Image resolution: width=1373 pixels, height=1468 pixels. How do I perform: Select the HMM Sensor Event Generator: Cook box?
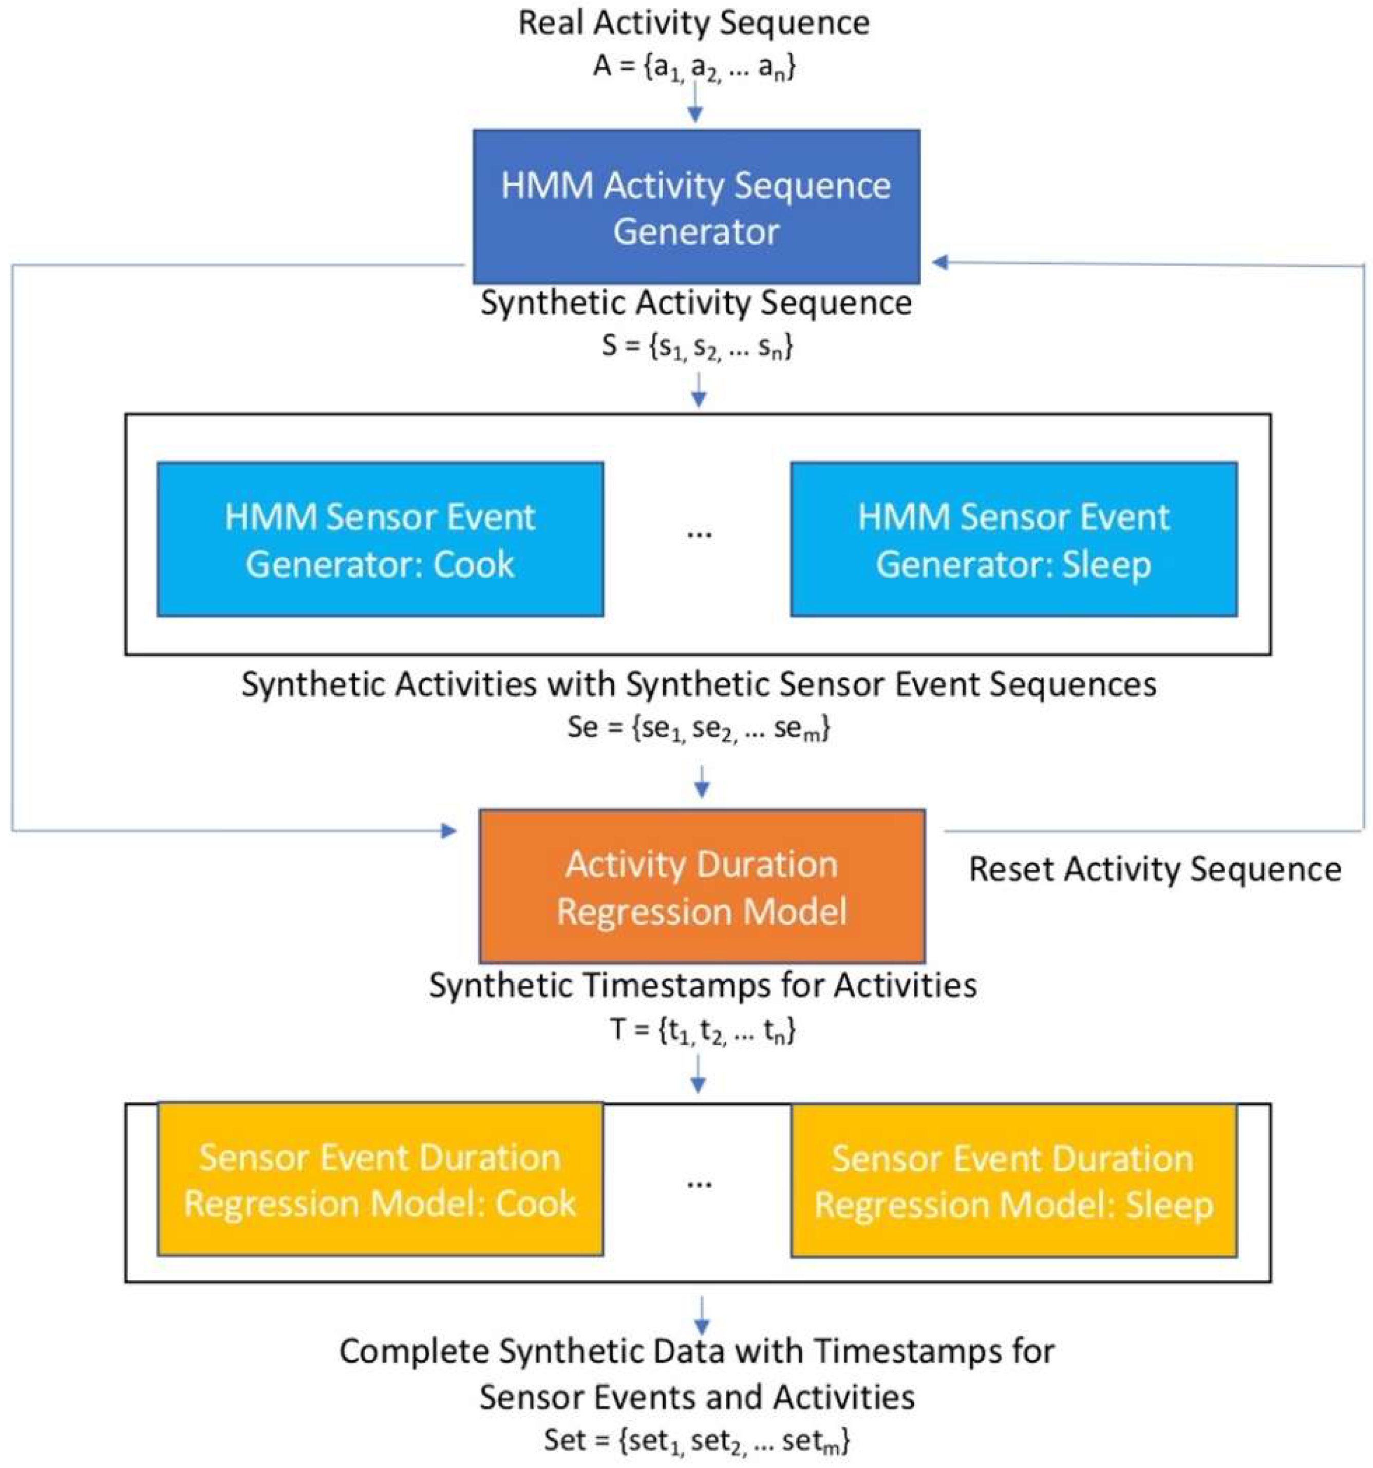pos(381,539)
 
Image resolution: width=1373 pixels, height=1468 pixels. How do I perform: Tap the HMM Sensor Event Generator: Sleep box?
pos(1013,539)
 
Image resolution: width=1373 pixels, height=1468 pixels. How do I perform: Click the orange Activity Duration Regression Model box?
pos(702,886)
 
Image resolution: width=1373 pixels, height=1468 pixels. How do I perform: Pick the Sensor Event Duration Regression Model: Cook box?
pos(381,1179)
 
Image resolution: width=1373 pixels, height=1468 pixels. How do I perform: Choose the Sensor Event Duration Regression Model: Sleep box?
pos(1013,1180)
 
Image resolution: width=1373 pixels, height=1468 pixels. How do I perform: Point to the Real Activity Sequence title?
pos(694,23)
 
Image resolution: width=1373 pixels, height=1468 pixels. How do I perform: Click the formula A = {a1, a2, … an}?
pos(694,69)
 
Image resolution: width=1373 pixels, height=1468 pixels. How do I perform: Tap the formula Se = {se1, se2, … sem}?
pos(699,729)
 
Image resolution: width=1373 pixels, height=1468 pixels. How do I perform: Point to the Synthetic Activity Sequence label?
pos(697,303)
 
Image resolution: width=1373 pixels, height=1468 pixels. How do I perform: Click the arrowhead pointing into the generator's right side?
pos(940,262)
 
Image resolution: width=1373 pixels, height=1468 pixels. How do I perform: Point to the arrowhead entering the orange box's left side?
pos(449,831)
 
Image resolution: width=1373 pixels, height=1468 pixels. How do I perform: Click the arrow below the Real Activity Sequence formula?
pos(694,103)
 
